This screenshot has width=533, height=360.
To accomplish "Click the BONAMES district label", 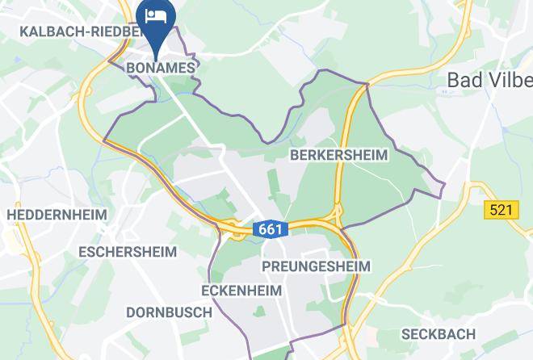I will click(x=162, y=68).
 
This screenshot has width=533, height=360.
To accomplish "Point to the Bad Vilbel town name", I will click(x=490, y=81).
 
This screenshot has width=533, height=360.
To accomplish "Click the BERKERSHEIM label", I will click(x=338, y=154).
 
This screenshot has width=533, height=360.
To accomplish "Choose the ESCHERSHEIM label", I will click(x=127, y=252).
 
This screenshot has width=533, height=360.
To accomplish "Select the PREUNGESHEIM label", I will click(x=316, y=266).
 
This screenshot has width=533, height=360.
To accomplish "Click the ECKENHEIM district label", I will click(x=241, y=290).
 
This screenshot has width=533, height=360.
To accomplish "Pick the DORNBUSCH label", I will click(x=169, y=312).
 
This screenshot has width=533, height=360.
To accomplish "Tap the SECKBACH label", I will click(x=439, y=333).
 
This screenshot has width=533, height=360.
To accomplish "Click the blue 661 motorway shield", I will click(x=271, y=229).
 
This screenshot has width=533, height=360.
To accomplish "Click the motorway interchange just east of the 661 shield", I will click(x=338, y=216).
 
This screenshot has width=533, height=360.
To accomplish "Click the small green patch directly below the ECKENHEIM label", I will click(x=259, y=311).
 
